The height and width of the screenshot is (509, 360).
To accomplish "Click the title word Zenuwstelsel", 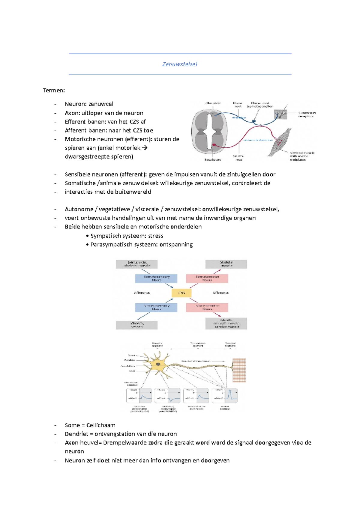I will coord(180,64).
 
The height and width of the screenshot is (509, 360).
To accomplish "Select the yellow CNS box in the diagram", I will coord(181,293).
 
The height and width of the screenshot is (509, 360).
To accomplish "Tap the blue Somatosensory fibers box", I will coord(156,278).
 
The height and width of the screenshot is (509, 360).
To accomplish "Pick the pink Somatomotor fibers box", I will coord(207,278).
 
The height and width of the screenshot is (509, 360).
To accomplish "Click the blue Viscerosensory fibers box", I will coord(156,307).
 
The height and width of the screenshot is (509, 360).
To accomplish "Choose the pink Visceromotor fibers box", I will coord(207,307).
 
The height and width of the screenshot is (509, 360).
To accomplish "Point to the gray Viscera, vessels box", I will coord(137,325).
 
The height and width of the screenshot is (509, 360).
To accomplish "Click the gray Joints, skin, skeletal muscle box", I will coord(137,264).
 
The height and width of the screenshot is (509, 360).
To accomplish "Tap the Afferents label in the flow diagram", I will coord(142,293).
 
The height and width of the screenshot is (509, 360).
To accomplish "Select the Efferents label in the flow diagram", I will coord(221,293).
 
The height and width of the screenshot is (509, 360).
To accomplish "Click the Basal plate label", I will coord(213,159).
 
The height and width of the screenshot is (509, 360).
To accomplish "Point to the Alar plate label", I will coord(213,103).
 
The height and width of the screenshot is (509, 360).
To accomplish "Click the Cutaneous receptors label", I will coord(307,115).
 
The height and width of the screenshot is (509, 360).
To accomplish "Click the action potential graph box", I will coord(225,396).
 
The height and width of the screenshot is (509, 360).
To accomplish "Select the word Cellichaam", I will coord(101,425).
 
